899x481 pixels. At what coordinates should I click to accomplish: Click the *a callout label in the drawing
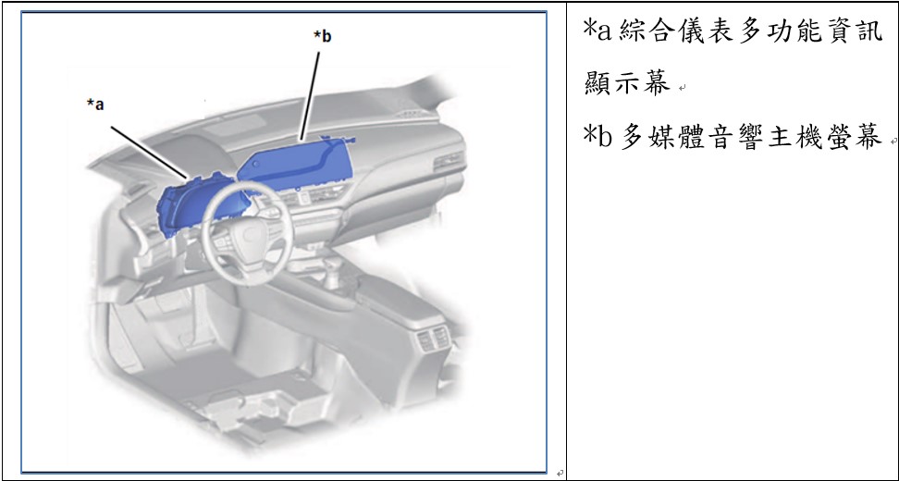tap(95, 105)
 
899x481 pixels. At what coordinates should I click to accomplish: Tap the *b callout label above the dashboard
tap(322, 36)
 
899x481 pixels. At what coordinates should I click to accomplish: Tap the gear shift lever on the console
tap(331, 274)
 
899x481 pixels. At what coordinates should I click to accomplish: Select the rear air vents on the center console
tap(433, 339)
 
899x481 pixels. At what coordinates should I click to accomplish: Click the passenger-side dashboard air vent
tap(449, 161)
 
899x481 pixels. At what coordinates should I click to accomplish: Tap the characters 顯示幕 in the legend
tap(627, 83)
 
